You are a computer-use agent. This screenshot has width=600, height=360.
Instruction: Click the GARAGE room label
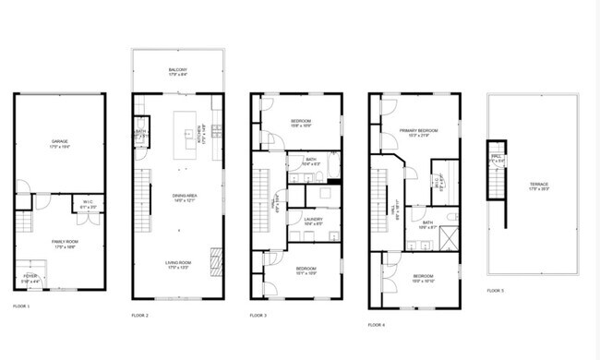[x=60, y=142]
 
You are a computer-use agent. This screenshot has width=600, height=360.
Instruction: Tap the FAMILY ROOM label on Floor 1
[x=60, y=243]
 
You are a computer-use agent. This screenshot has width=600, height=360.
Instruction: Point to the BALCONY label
[x=178, y=70]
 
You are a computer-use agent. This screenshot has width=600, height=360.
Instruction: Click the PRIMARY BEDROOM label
[x=418, y=131]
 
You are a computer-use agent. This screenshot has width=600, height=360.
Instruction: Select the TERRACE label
[x=539, y=185]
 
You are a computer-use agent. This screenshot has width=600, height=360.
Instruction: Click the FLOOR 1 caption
[x=21, y=306]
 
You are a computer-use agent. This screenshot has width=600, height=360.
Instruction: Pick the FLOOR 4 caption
[x=376, y=325]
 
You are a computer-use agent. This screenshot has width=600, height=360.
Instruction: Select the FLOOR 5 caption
[x=496, y=291]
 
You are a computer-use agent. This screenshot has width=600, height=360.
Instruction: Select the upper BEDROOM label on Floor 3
[x=301, y=121]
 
